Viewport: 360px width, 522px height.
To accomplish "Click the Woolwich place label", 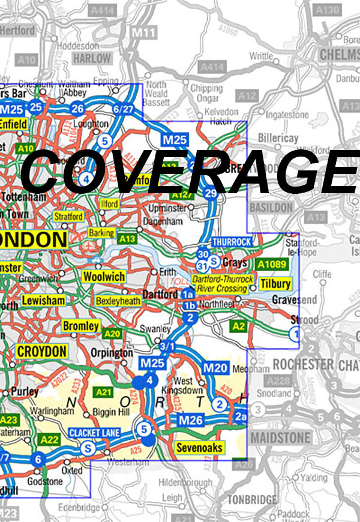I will [x=104, y=277].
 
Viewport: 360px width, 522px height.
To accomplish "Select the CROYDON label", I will [x=41, y=351].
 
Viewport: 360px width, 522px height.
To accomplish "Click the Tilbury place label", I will [x=275, y=284].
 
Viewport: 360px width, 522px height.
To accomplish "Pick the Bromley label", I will [x=81, y=326].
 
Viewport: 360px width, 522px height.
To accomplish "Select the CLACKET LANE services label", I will [x=95, y=433].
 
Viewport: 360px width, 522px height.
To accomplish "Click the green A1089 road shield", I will [x=271, y=264].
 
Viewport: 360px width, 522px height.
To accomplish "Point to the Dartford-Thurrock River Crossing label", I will [x=223, y=284].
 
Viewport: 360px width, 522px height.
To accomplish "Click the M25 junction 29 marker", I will [x=210, y=193].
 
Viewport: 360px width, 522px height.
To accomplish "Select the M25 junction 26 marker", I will [x=77, y=109].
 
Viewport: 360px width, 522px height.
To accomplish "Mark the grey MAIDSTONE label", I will [x=281, y=437].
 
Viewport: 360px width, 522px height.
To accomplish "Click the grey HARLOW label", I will [x=92, y=59].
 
